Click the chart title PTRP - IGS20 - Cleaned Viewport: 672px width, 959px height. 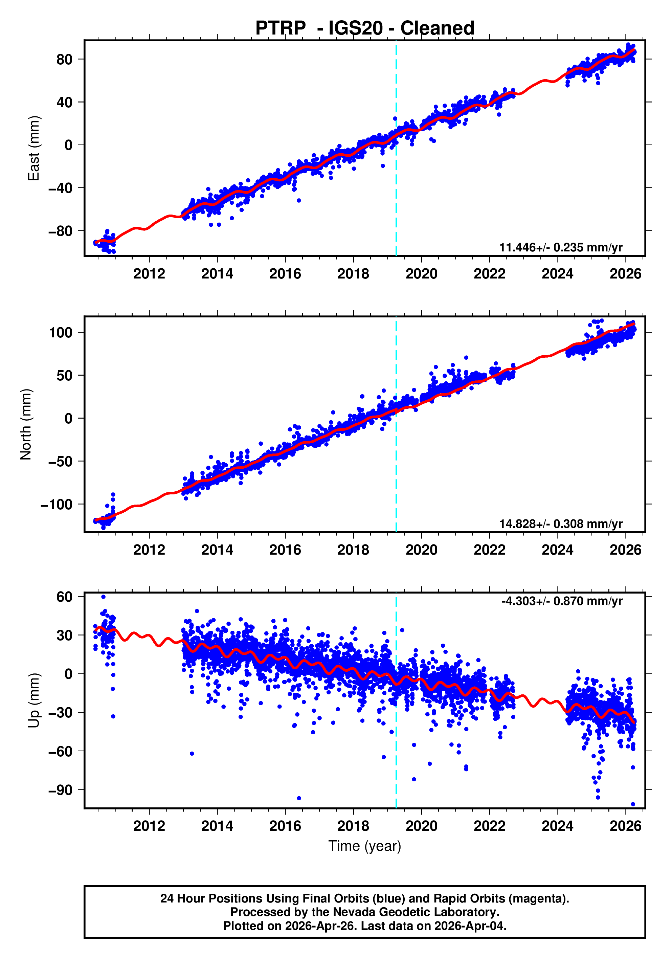pyautogui.click(x=365, y=28)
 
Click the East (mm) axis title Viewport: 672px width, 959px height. pyautogui.click(x=33, y=148)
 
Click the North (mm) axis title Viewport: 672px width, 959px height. pyautogui.click(x=26, y=424)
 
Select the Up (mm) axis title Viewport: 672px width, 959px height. pyautogui.click(x=33, y=700)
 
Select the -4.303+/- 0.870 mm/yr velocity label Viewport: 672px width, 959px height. pyautogui.click(x=562, y=601)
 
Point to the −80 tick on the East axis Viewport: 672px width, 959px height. pyautogui.click(x=60, y=231)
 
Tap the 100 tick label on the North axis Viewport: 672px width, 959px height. pyautogui.click(x=61, y=333)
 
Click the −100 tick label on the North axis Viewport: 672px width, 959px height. pyautogui.click(x=57, y=505)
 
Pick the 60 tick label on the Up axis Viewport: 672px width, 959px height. pyautogui.click(x=64, y=597)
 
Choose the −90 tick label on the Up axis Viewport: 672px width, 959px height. pyautogui.click(x=60, y=790)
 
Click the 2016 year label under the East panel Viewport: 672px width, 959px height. pyautogui.click(x=285, y=274)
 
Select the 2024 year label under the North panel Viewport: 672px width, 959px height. pyautogui.click(x=557, y=550)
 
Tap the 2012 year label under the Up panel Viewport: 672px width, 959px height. pyautogui.click(x=149, y=826)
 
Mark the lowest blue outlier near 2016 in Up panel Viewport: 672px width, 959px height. pyautogui.click(x=299, y=798)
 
